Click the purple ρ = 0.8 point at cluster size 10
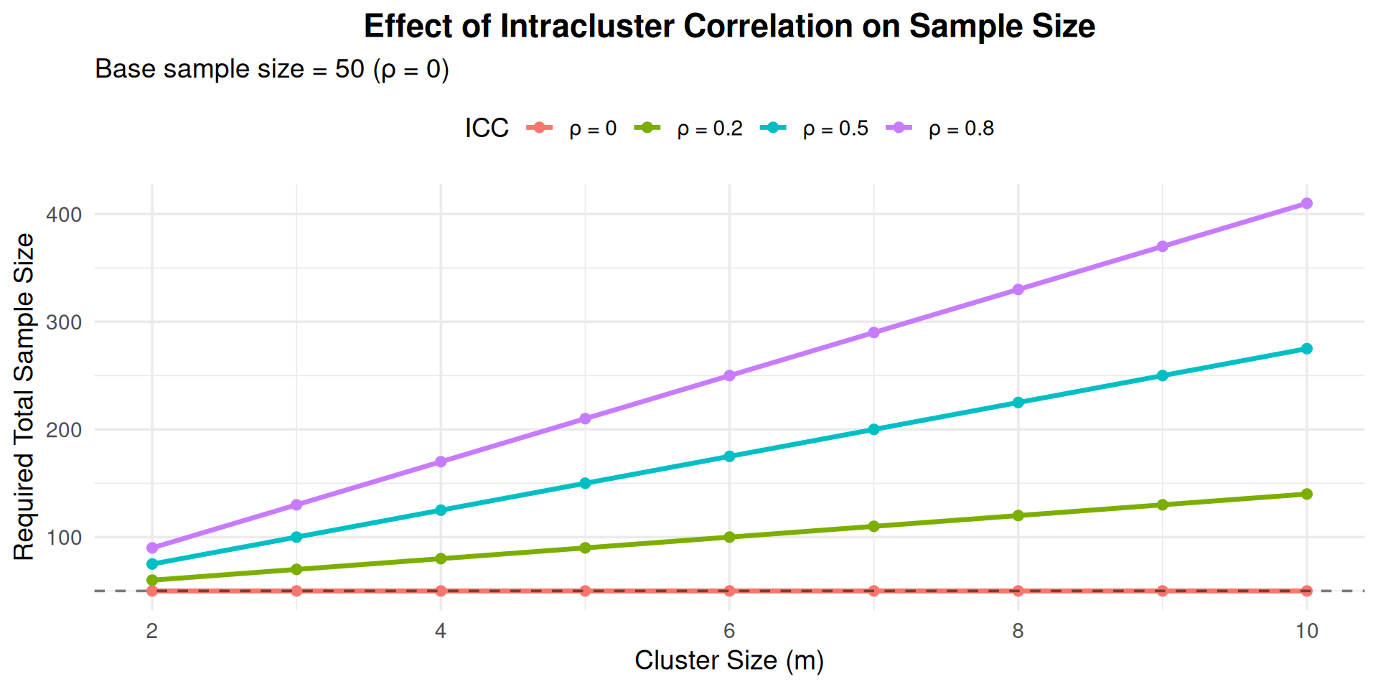(x=1306, y=204)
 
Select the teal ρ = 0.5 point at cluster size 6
(x=729, y=456)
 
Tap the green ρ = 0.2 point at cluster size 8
(x=1018, y=515)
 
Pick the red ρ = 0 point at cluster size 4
(x=441, y=591)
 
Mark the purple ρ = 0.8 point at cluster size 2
(x=152, y=548)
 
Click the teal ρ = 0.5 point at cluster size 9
(x=1162, y=375)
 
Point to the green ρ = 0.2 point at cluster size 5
(x=585, y=548)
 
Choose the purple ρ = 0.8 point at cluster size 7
(x=873, y=332)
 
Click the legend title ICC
(x=487, y=128)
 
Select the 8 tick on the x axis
(x=1018, y=631)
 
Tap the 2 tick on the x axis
(x=152, y=631)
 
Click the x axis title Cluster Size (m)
(x=729, y=660)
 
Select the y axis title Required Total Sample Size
(x=24, y=397)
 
